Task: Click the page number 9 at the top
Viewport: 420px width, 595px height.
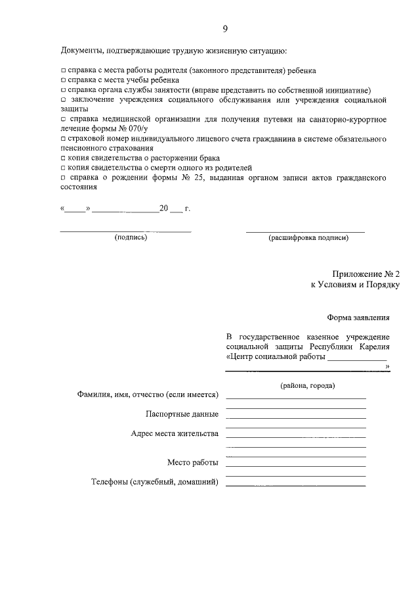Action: point(224,29)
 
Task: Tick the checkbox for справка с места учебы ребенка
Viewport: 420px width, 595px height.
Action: point(63,80)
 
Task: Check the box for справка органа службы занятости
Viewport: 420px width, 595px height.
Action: point(63,89)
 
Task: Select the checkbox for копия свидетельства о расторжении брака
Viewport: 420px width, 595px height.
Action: point(63,158)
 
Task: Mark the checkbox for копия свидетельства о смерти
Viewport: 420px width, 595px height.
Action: point(63,168)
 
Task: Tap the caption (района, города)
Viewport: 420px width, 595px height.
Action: point(307,385)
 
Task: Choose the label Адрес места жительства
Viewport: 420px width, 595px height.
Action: point(174,434)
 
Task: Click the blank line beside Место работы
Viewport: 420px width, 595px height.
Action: point(295,466)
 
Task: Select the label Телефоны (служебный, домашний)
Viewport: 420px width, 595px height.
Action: point(154,483)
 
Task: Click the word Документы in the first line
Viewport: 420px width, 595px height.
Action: point(81,50)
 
